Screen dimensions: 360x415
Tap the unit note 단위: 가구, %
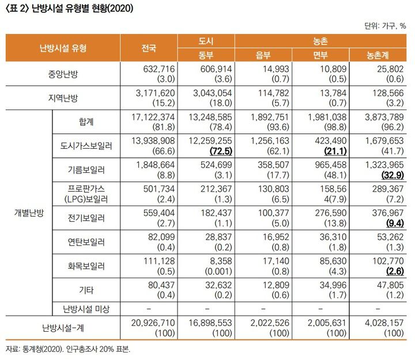386,25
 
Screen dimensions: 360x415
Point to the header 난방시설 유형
63,48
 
